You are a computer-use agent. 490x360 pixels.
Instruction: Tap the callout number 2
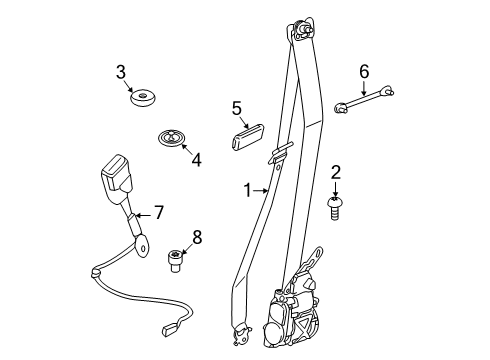336,172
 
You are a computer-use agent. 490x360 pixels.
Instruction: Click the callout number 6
364,71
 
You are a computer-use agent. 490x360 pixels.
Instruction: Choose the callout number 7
157,212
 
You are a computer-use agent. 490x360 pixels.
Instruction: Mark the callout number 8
196,237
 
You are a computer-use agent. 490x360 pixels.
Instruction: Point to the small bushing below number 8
175,261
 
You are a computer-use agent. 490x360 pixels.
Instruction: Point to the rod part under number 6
363,99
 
